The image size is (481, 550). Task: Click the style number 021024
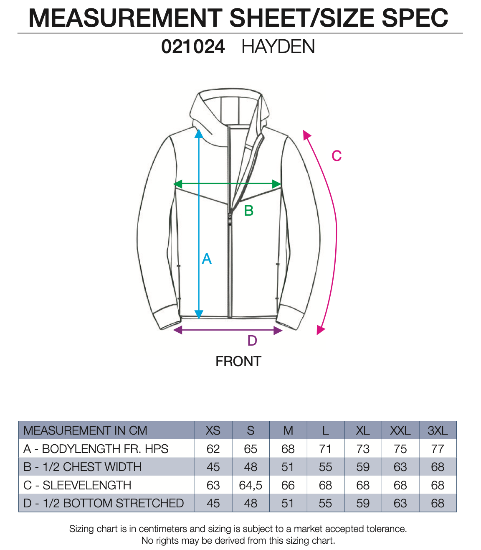click(193, 47)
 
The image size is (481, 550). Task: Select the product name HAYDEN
click(278, 47)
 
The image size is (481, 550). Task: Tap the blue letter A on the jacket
click(207, 259)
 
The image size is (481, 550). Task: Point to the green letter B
click(249, 211)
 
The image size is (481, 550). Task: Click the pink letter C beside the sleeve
click(337, 156)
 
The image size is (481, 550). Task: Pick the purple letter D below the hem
click(252, 341)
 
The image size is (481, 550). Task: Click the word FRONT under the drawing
click(238, 362)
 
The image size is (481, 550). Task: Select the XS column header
click(213, 430)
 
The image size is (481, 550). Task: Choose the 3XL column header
click(438, 430)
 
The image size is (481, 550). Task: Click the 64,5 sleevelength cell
click(251, 485)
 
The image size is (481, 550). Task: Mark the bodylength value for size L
click(325, 449)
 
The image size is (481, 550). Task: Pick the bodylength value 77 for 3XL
click(438, 449)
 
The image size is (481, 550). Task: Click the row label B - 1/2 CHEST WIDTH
click(83, 467)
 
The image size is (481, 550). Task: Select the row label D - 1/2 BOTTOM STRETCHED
click(104, 503)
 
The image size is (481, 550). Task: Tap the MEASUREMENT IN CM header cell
click(85, 430)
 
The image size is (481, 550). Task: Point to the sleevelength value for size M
click(288, 485)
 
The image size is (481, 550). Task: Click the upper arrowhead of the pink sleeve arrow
click(307, 135)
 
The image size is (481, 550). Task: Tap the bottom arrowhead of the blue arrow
click(199, 314)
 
